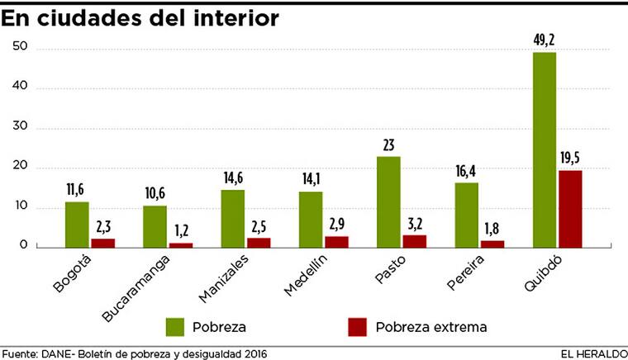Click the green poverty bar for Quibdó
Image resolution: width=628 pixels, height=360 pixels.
544,149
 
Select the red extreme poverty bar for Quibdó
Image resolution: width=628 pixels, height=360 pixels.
570,208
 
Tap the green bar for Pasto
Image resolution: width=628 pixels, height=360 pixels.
388,201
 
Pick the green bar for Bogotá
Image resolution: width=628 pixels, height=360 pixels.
77,224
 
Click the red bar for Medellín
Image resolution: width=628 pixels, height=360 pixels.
336,241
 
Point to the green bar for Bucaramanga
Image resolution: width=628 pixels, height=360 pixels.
155,226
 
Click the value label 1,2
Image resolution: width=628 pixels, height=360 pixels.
181,232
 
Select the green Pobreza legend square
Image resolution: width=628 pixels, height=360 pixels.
175,326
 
